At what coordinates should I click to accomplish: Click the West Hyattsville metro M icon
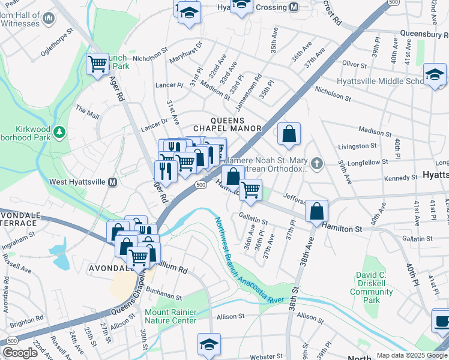click(x=112, y=182)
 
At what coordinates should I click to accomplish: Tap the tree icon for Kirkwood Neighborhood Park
click(x=59, y=131)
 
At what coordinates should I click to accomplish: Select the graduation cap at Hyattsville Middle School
click(x=435, y=74)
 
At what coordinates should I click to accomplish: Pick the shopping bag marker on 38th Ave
click(x=316, y=211)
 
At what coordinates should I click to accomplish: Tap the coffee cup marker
click(x=442, y=320)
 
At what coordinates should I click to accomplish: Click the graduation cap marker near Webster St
click(x=209, y=344)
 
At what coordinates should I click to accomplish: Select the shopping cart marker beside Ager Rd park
click(x=97, y=64)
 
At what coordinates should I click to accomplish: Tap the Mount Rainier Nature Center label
click(x=170, y=316)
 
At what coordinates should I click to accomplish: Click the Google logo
click(x=19, y=353)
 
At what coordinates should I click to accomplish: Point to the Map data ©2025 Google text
click(x=412, y=355)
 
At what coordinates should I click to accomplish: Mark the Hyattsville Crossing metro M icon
click(x=294, y=7)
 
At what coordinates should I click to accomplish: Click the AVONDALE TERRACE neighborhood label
click(x=19, y=218)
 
